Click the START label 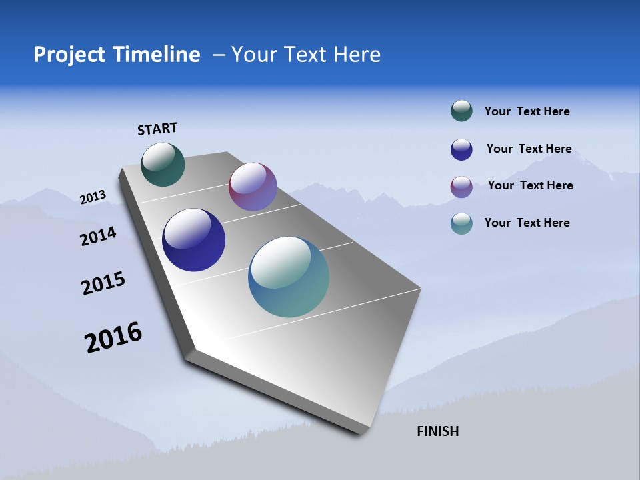click(157, 129)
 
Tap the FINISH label click(438, 431)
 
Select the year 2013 click(93, 197)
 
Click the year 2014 click(99, 237)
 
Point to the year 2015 click(103, 283)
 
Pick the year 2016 click(113, 337)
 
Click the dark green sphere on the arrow click(163, 164)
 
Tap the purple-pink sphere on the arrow click(253, 187)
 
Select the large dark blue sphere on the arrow click(193, 240)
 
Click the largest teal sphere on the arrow click(289, 277)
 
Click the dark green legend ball click(461, 111)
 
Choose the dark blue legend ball click(461, 149)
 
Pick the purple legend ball click(461, 187)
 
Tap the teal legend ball click(461, 223)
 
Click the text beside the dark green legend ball click(527, 112)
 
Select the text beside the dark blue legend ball click(529, 149)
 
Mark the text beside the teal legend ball click(527, 223)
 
